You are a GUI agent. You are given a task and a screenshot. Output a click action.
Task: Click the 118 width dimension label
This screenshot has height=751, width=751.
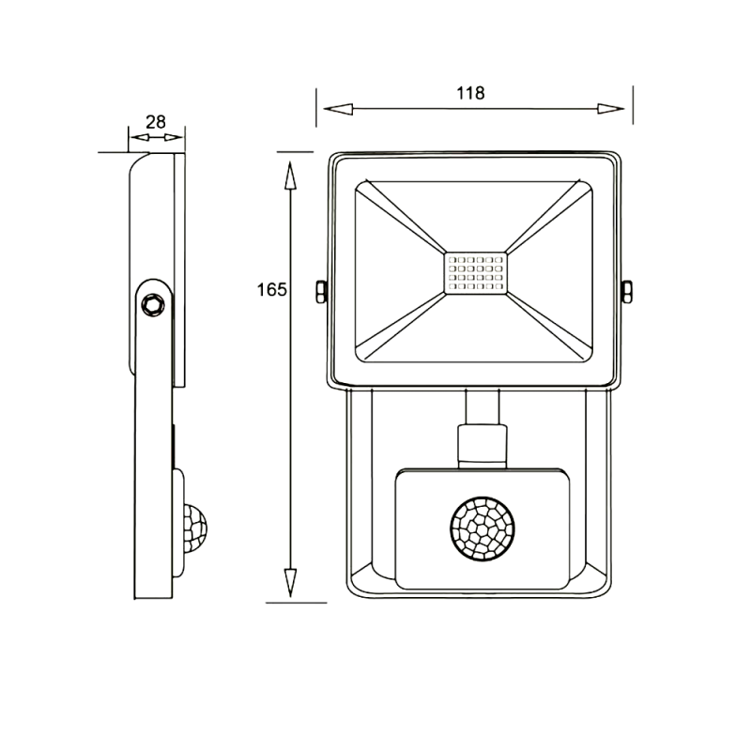click(x=470, y=93)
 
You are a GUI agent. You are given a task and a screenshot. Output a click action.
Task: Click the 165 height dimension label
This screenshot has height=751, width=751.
click(x=271, y=290)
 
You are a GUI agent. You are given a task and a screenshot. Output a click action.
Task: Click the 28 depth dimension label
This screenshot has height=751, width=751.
click(x=156, y=122)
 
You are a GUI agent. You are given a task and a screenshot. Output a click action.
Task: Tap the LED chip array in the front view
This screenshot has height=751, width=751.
click(x=476, y=273)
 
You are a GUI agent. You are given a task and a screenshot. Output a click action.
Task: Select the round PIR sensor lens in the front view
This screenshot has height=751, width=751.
click(x=483, y=529)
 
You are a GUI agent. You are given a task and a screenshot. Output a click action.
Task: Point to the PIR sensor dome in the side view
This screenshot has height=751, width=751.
click(x=195, y=529)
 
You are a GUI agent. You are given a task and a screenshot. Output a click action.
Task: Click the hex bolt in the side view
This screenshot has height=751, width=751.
click(x=153, y=304)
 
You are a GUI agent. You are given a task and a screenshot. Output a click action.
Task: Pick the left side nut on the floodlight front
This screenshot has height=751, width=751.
click(x=321, y=292)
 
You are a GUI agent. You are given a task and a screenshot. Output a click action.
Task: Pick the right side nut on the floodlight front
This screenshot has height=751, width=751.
click(x=626, y=292)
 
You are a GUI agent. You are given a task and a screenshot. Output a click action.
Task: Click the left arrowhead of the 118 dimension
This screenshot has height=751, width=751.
click(x=338, y=109)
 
